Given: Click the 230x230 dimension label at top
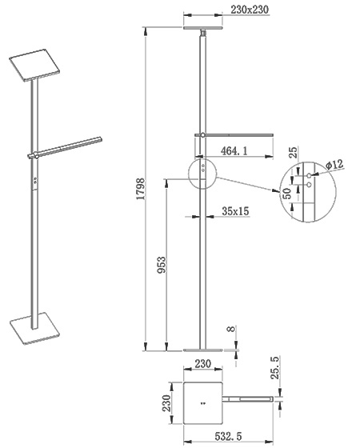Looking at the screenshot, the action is [250, 10].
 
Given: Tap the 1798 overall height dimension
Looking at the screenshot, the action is [141, 189].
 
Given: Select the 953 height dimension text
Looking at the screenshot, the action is [162, 265].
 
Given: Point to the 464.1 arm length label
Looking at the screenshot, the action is [234, 150].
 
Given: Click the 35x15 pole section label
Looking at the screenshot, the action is [235, 211].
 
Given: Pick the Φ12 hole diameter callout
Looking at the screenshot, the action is [334, 165].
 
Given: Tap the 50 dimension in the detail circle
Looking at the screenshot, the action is [287, 194].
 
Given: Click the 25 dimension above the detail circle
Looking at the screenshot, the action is [293, 152].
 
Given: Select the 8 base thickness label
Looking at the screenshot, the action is [231, 329].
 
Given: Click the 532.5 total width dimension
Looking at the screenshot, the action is [228, 436].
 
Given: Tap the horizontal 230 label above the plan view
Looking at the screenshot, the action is [203, 364].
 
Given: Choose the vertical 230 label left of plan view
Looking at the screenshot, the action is [166, 403].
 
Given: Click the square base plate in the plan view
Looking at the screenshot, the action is [203, 403].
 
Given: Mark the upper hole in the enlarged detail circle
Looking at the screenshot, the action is [309, 175].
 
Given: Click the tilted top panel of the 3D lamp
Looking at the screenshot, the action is [34, 65].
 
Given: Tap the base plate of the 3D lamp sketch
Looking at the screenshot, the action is [35, 328].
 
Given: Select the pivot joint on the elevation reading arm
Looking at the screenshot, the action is [202, 135].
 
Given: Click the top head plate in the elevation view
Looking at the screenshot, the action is [203, 28].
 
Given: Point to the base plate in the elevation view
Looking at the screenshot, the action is [203, 350].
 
